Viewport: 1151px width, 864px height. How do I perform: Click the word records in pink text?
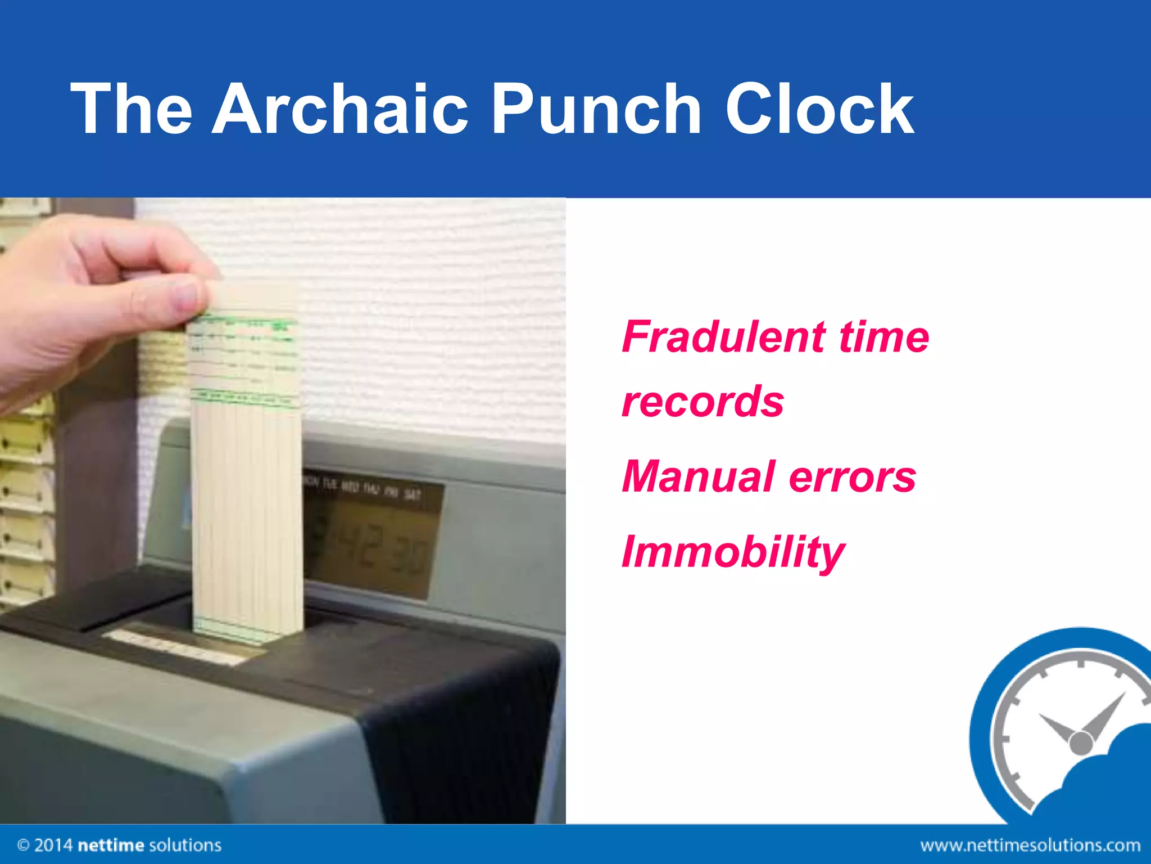pyautogui.click(x=703, y=402)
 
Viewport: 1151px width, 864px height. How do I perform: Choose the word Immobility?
pyautogui.click(x=733, y=552)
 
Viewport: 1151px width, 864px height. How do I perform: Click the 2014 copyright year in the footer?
pyautogui.click(x=53, y=845)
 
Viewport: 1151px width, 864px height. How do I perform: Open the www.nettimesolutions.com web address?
pyautogui.click(x=1030, y=845)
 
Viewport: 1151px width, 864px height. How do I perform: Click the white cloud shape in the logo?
pyautogui.click(x=1102, y=787)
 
